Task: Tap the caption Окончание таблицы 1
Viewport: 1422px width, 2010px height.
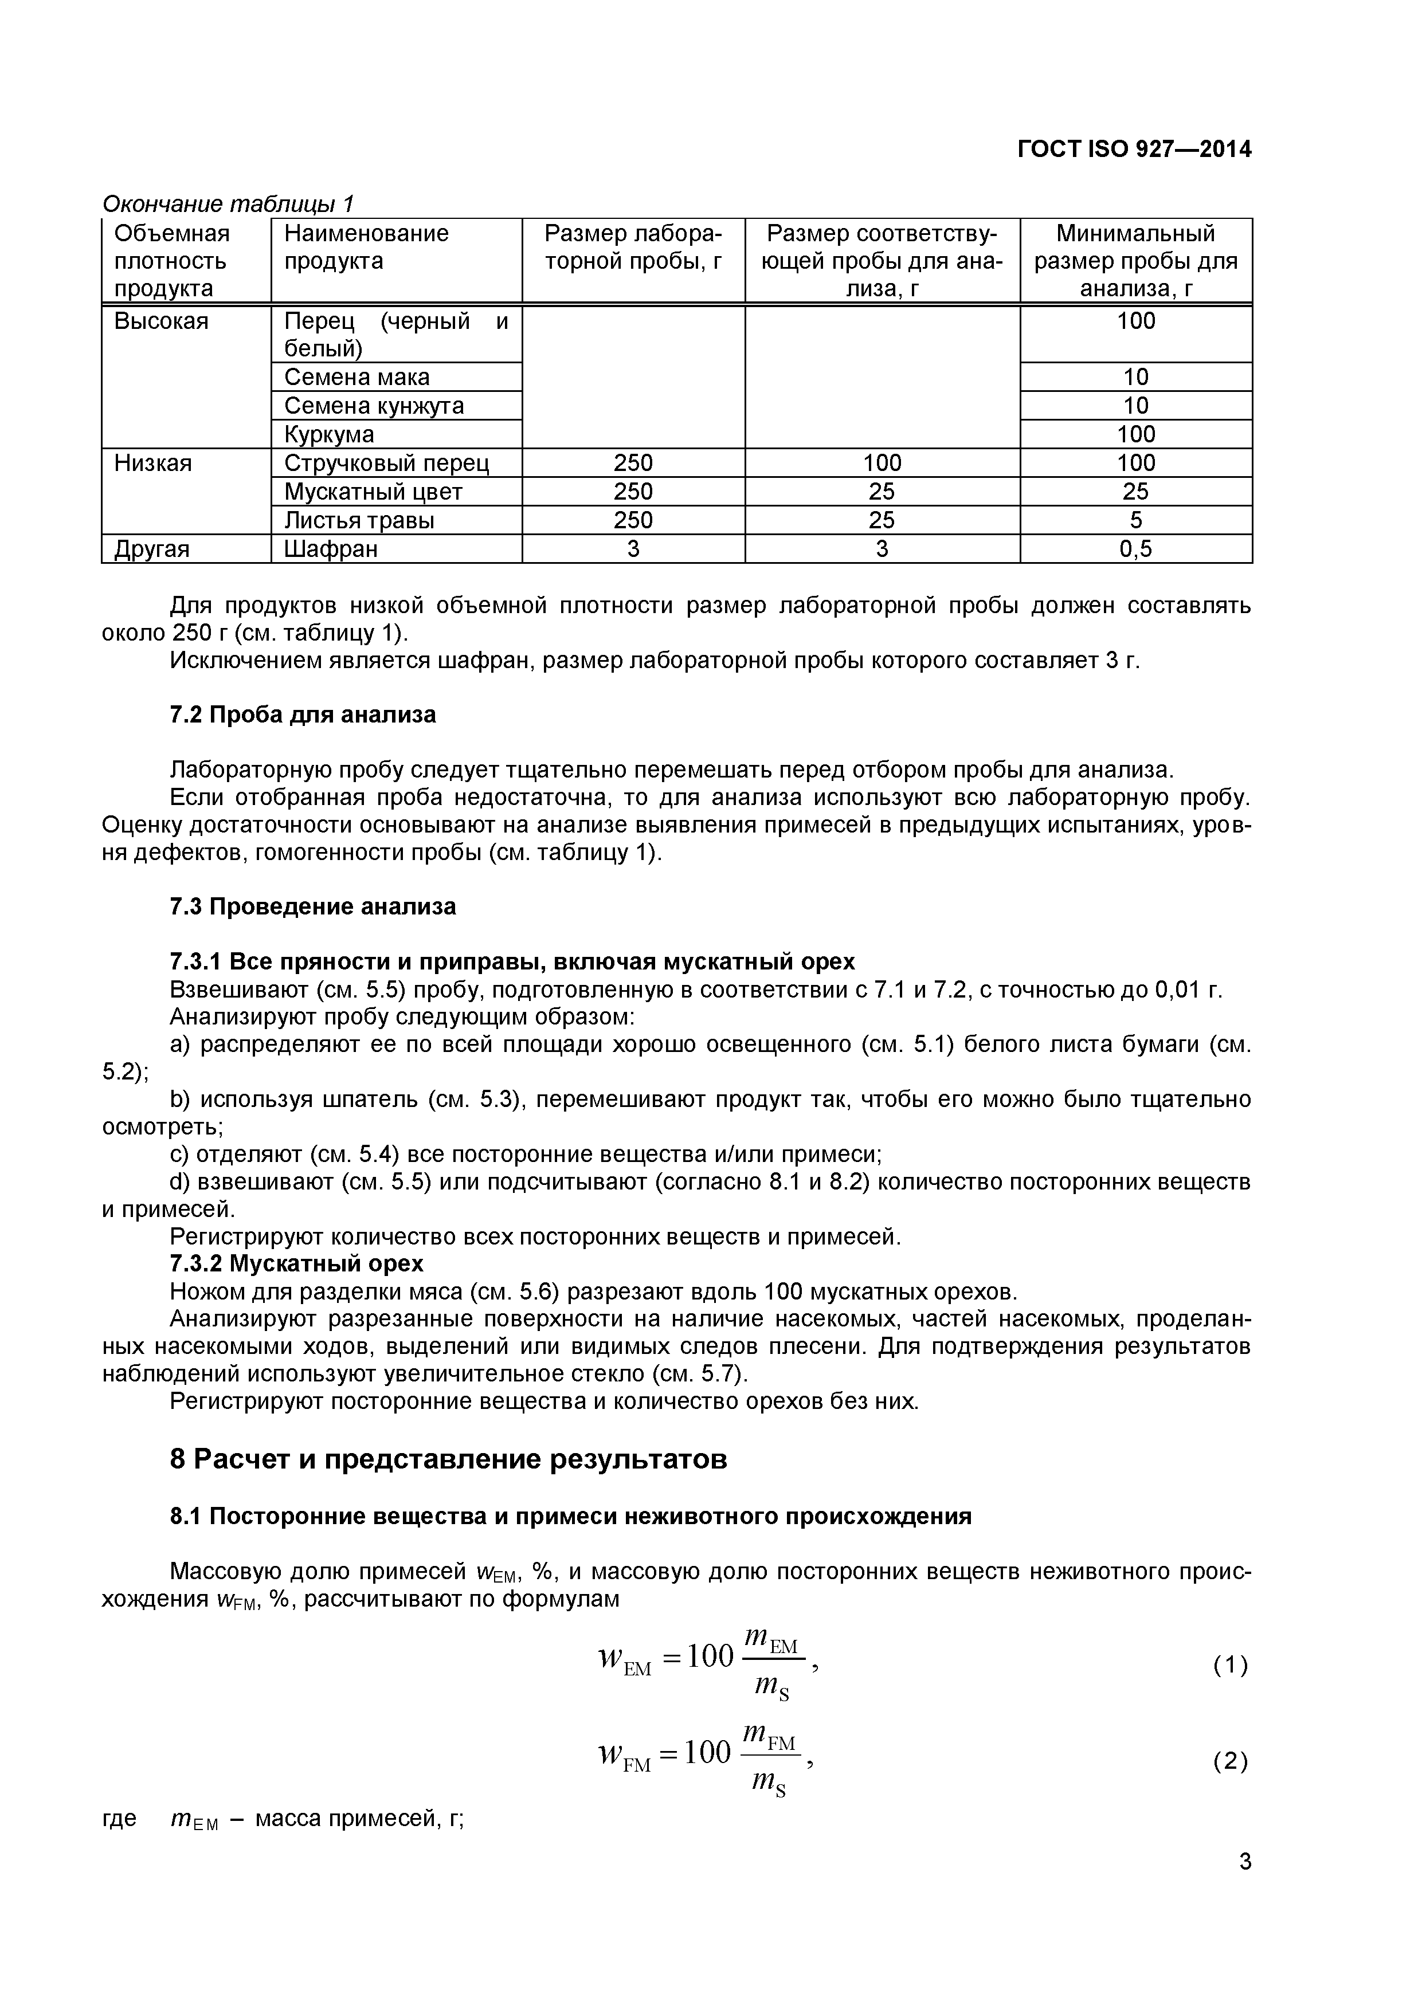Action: [228, 204]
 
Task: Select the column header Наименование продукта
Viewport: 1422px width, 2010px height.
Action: [366, 247]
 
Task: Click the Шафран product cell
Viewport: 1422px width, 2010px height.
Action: [331, 549]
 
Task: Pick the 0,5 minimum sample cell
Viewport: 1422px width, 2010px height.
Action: [1135, 549]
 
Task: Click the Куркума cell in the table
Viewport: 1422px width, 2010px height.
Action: [329, 434]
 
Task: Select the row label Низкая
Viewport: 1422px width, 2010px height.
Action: [152, 463]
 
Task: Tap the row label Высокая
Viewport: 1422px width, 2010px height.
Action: [161, 321]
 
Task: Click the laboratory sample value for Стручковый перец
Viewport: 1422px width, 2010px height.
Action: [633, 463]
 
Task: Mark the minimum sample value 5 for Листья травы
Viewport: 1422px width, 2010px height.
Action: [1135, 521]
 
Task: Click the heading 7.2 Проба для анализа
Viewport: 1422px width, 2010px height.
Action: [302, 715]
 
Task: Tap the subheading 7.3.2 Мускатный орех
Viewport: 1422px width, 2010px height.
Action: [296, 1263]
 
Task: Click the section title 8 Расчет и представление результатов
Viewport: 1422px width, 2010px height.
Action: [448, 1460]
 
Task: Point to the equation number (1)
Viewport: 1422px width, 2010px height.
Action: [1230, 1665]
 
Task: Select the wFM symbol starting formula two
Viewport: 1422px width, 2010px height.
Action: [624, 1755]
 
